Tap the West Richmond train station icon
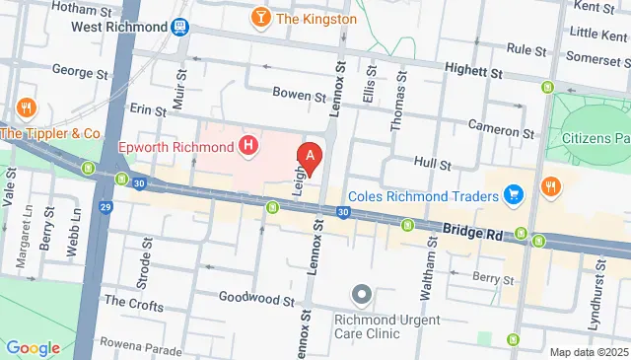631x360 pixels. [180, 27]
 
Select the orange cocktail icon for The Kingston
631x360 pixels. [260, 18]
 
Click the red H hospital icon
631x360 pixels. [249, 148]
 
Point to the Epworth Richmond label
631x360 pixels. [175, 148]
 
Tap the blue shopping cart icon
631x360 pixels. [513, 196]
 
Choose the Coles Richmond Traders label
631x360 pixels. [436, 196]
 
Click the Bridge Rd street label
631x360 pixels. [472, 230]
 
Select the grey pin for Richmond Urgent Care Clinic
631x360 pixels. [361, 295]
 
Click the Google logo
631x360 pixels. [33, 347]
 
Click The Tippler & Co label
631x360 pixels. [51, 133]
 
